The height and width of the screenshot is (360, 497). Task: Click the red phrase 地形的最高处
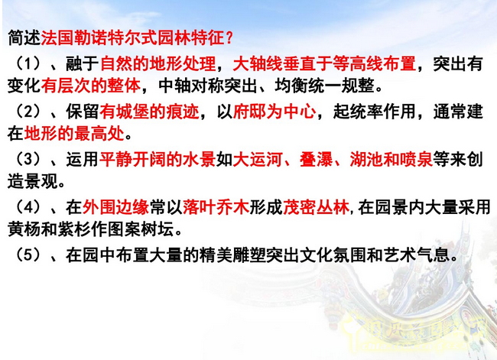click(73, 135)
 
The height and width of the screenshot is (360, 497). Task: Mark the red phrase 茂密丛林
click(316, 207)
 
